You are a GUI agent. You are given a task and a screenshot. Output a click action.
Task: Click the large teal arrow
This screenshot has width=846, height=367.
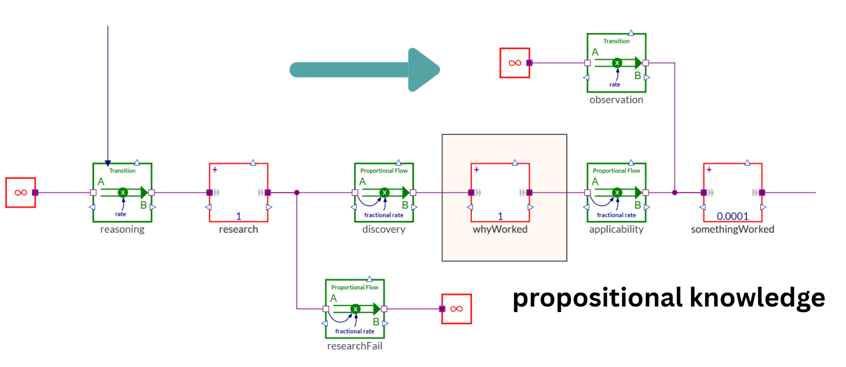(364, 70)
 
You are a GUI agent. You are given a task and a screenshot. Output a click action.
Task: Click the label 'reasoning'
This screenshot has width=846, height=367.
(122, 229)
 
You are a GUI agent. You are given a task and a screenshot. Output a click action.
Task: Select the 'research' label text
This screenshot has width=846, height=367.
(238, 229)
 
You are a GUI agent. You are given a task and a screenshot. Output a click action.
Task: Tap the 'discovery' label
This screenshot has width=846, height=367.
(384, 229)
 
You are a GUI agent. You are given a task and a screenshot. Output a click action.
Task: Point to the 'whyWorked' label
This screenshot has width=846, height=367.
(500, 229)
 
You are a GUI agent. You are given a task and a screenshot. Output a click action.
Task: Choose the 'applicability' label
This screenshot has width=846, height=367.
(616, 229)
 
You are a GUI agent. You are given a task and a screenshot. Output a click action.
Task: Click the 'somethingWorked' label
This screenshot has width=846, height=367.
(732, 229)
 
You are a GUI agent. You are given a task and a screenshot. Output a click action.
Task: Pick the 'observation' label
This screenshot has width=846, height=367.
(616, 100)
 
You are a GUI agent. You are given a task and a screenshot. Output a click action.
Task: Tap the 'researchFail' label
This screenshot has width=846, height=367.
(355, 346)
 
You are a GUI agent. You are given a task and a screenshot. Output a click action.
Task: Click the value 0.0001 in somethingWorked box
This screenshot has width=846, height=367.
(732, 216)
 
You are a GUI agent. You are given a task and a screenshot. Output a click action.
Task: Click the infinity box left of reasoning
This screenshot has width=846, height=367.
(21, 193)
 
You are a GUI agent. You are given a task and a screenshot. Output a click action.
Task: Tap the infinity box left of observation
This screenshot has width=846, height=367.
(515, 63)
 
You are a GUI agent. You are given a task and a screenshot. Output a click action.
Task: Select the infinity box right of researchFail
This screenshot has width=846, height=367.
(456, 309)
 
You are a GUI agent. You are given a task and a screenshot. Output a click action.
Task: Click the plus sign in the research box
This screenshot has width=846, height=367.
(215, 170)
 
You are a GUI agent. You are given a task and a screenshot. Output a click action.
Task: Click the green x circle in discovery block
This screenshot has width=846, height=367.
(385, 193)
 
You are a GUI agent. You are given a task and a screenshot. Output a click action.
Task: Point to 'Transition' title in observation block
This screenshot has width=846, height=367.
(616, 41)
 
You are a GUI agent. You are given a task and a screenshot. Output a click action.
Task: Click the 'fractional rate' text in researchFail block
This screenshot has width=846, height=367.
(355, 331)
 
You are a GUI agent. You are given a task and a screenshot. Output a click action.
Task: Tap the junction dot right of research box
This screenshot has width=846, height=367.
(297, 193)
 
